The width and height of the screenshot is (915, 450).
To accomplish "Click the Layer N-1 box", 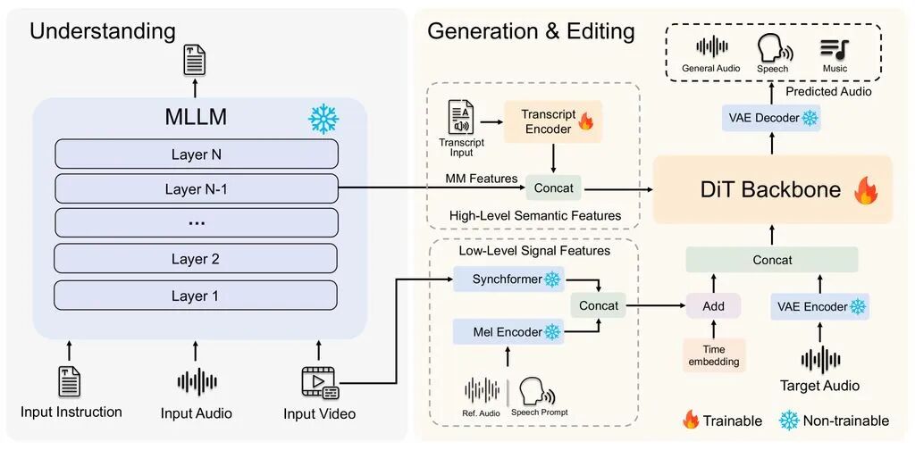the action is pyautogui.click(x=196, y=188).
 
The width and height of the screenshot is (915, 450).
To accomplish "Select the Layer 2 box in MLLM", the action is pyautogui.click(x=196, y=258).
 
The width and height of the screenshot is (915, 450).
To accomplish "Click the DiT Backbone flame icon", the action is pyautogui.click(x=865, y=190).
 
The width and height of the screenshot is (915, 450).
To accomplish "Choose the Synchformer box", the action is pyautogui.click(x=508, y=279).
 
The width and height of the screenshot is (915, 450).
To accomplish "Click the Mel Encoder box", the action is pyautogui.click(x=508, y=331).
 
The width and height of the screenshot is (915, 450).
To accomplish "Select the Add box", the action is pyautogui.click(x=714, y=305).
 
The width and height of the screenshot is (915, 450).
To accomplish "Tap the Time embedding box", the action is pyautogui.click(x=714, y=355).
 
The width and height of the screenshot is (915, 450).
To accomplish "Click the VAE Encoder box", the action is pyautogui.click(x=820, y=306).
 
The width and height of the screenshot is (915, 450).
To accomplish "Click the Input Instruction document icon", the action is pyautogui.click(x=70, y=381).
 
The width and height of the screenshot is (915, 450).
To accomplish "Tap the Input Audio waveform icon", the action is pyautogui.click(x=197, y=382).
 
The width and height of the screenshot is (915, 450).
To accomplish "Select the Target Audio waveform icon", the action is pyautogui.click(x=820, y=360).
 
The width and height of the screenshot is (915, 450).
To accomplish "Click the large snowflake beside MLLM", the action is pyautogui.click(x=323, y=119).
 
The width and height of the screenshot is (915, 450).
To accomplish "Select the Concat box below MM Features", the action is pyautogui.click(x=554, y=188).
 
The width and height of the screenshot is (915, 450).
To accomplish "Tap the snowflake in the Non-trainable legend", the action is pyautogui.click(x=789, y=420).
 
